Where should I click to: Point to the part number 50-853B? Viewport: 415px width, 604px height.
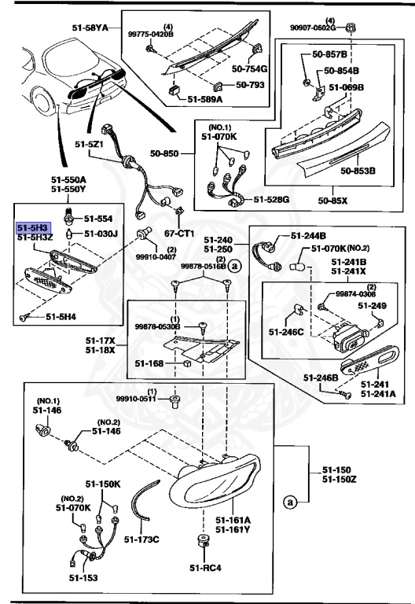pos(357,170)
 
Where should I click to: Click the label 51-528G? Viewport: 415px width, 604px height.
pos(271,200)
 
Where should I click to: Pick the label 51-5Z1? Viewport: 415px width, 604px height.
pos(90,145)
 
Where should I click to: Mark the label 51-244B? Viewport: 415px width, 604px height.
pos(308,235)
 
